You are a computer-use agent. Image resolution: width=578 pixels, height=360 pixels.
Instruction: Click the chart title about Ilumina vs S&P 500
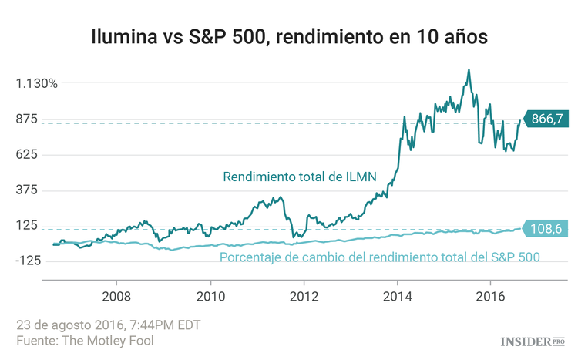[289, 36]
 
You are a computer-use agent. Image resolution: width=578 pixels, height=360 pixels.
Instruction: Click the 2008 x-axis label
[116, 296]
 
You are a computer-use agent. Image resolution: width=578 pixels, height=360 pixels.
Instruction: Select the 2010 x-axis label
[210, 296]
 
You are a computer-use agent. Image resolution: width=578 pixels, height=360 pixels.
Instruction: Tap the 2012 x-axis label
[304, 296]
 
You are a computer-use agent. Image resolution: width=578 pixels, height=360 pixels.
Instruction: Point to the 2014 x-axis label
[398, 296]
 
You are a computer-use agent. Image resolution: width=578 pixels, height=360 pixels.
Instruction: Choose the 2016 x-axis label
[492, 296]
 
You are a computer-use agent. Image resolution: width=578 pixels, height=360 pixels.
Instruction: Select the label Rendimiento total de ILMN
[299, 177]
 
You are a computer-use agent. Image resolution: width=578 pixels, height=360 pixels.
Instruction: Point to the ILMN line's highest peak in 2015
[468, 69]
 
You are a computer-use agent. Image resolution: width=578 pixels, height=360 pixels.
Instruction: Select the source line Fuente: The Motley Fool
[90, 340]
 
